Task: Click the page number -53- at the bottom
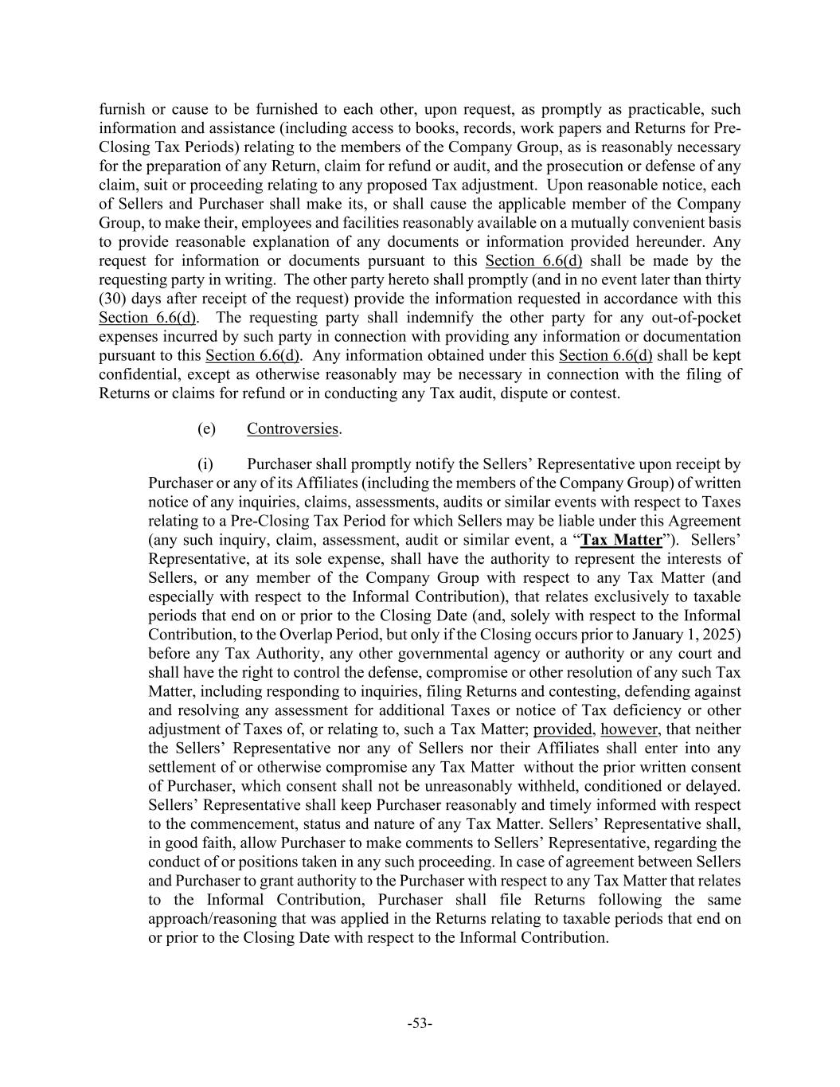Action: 420,1023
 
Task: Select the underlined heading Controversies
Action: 292,428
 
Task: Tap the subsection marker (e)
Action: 206,428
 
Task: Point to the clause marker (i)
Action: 205,464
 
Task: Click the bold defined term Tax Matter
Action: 622,540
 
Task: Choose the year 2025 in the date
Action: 723,635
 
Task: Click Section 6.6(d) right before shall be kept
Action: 605,355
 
